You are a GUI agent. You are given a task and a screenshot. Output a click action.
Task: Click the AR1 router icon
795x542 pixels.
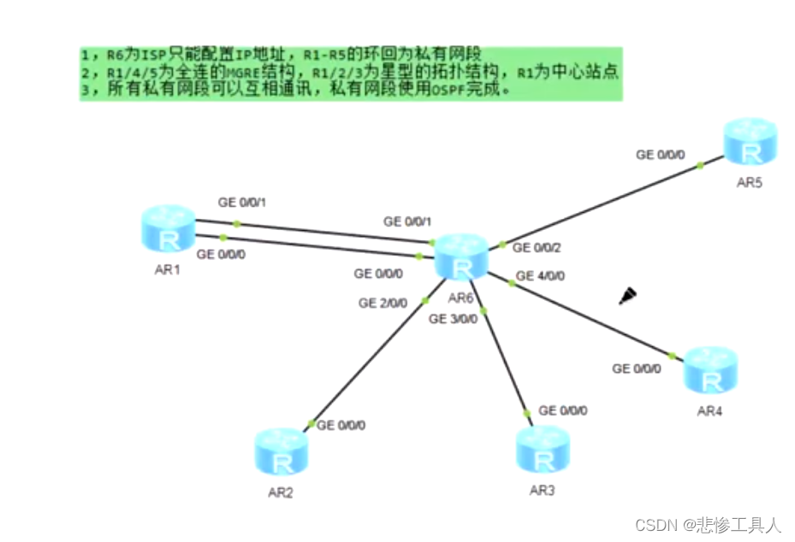point(169,228)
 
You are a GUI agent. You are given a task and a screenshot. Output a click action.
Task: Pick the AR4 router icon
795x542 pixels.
point(710,370)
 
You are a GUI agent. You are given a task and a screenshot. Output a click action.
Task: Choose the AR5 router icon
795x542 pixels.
point(751,142)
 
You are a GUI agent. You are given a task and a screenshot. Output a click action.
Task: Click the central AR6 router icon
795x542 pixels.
point(461,257)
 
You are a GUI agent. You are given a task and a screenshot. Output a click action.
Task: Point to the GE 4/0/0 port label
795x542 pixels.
point(540,276)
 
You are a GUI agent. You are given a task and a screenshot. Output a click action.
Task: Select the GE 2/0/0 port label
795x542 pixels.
point(383,303)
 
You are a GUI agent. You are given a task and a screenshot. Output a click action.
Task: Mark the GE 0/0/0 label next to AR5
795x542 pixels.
point(661,155)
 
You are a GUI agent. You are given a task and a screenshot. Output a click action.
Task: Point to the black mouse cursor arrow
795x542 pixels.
point(628,296)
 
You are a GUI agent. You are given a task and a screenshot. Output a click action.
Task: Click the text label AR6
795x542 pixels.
point(460,298)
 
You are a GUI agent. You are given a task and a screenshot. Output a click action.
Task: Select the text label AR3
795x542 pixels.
point(543,491)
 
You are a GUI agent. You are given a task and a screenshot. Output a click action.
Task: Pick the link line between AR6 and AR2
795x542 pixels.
point(377,351)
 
